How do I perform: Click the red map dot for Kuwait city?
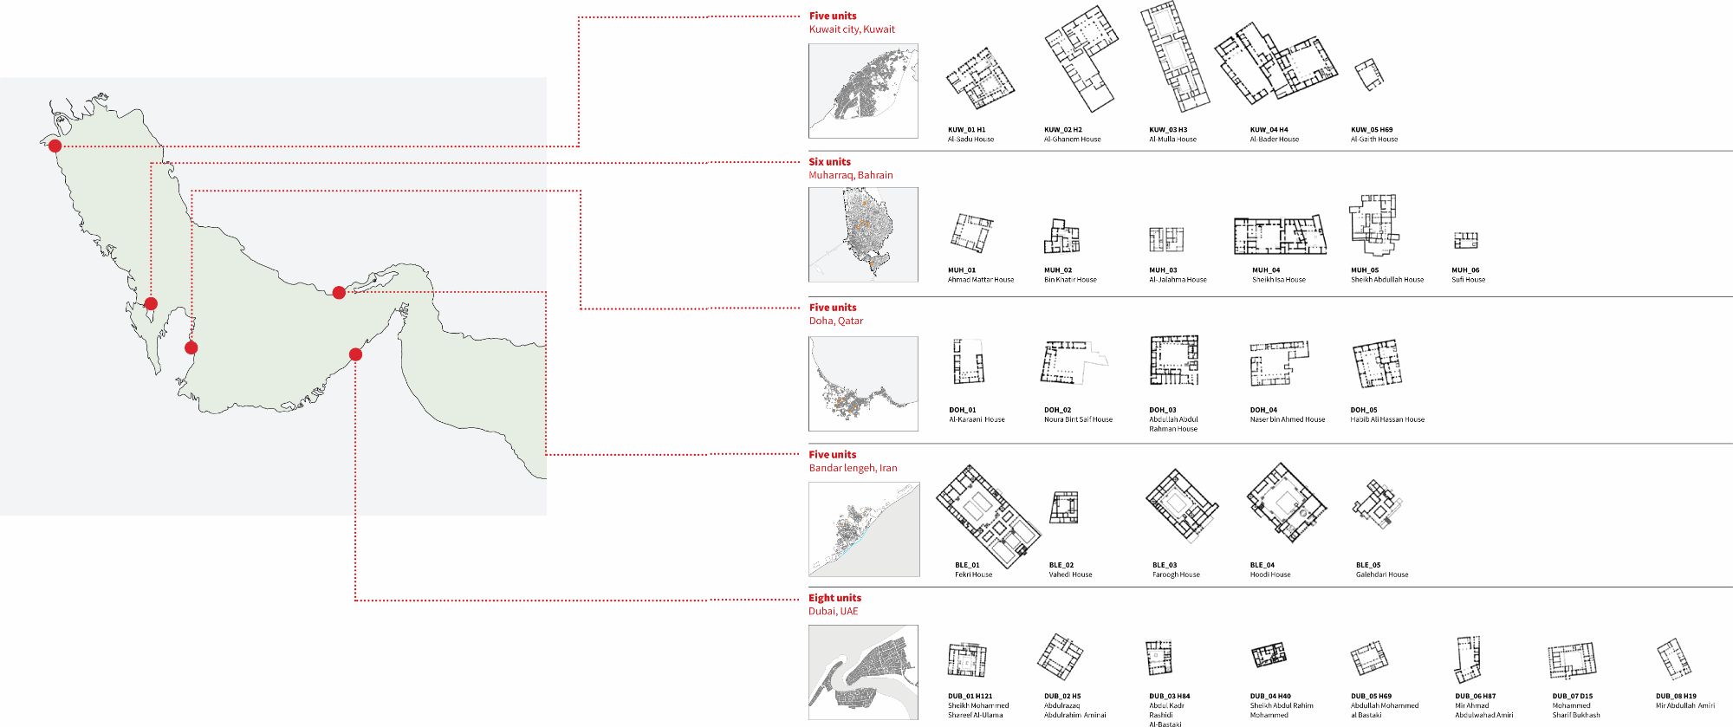click(x=55, y=146)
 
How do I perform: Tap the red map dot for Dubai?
click(x=355, y=354)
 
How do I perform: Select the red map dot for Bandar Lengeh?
click(x=339, y=293)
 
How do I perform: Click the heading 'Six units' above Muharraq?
click(x=829, y=162)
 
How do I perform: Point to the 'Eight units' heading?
click(x=834, y=598)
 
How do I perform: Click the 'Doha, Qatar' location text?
click(x=835, y=321)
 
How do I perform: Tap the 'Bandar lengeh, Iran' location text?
click(x=853, y=468)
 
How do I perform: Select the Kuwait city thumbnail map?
click(x=863, y=91)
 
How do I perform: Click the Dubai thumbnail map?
click(x=863, y=672)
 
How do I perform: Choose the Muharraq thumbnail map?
click(x=863, y=235)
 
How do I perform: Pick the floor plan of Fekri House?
click(x=987, y=515)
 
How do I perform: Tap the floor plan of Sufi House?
click(x=1465, y=240)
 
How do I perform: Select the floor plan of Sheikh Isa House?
click(x=1280, y=235)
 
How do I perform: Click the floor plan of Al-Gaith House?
click(x=1368, y=75)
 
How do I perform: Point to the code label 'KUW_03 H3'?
click(x=1168, y=130)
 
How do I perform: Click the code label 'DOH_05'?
click(x=1363, y=410)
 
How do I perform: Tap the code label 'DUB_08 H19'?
click(x=1676, y=696)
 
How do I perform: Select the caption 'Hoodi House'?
click(x=1269, y=574)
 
